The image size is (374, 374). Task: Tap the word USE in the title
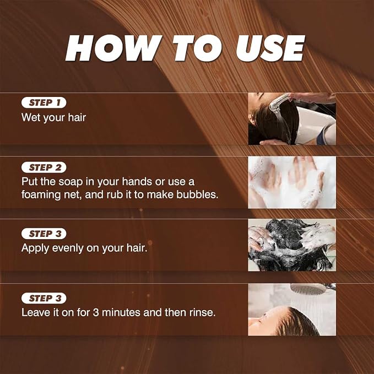tap(270, 48)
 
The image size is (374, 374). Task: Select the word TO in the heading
tap(197, 48)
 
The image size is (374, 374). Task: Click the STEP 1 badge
tap(44, 102)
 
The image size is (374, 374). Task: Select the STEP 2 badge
tap(44, 167)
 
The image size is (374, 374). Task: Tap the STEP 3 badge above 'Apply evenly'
tap(44, 234)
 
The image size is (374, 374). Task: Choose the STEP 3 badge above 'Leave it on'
tap(44, 298)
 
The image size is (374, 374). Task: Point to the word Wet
tap(31, 117)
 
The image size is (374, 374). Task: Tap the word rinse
tap(203, 313)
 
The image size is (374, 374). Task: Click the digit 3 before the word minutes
tap(96, 313)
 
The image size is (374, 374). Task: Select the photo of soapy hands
tap(292, 182)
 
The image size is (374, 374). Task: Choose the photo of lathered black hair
tap(292, 245)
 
